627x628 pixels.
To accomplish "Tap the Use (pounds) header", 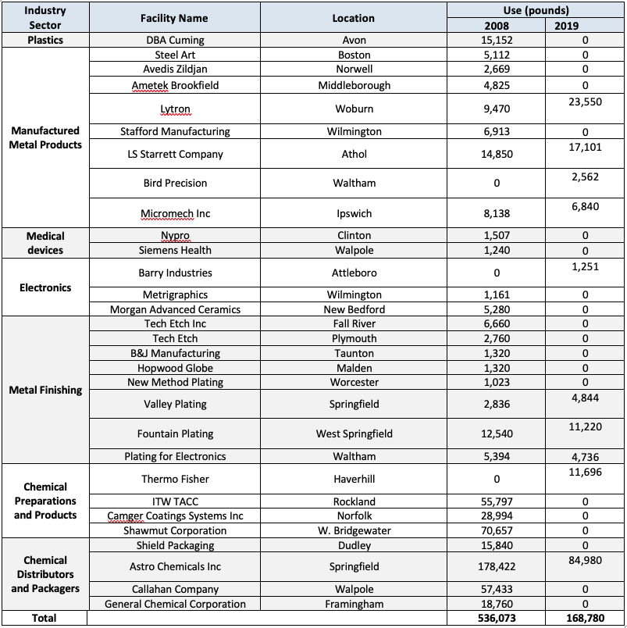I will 535,11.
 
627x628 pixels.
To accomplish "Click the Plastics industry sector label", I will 45,40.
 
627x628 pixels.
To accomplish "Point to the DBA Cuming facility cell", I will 175,40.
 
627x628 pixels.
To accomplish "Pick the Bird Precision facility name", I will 175,183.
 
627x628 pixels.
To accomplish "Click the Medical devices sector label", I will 45,243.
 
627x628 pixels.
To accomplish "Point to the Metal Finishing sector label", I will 45,390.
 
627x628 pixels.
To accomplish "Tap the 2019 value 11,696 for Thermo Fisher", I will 586,471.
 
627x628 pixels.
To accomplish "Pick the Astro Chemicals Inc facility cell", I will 175,566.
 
